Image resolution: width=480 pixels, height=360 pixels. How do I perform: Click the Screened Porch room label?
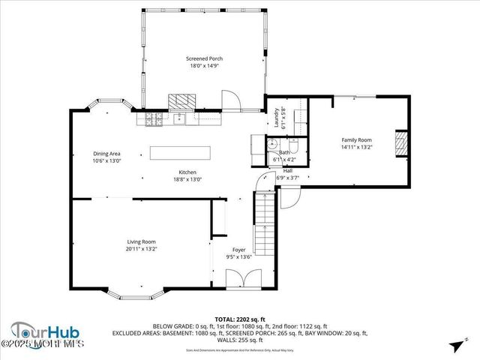coord(204,58)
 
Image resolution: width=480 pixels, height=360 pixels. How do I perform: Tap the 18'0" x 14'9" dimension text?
coord(204,66)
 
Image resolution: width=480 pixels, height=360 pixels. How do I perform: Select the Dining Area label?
coord(106,153)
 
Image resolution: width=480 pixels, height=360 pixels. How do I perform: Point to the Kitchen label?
coord(187,172)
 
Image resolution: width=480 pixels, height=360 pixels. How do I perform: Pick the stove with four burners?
coord(154,118)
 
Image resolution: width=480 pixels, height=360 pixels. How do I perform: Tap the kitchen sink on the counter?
coord(180,118)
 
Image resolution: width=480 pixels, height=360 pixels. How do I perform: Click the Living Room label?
coord(141,241)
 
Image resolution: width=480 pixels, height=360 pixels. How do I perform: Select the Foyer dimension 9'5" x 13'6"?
coord(238,257)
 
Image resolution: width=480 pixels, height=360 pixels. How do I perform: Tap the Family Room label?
coord(356,140)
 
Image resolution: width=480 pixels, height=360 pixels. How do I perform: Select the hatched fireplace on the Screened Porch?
coord(180,101)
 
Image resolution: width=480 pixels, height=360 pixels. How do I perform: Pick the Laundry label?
coord(276,118)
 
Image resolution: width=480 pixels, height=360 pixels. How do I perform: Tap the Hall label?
coord(288,171)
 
